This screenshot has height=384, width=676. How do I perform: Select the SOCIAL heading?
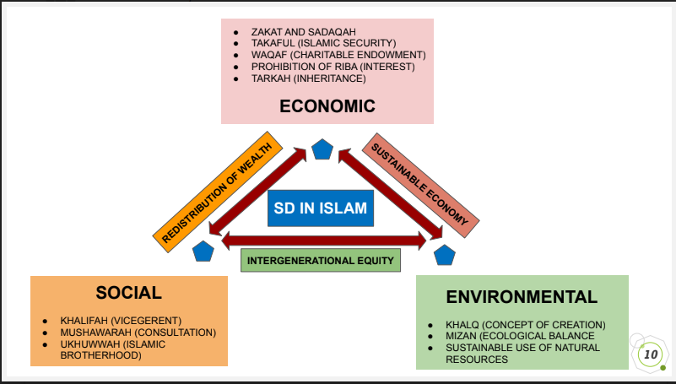click(x=128, y=293)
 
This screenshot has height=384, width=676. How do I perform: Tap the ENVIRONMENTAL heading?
click(x=522, y=296)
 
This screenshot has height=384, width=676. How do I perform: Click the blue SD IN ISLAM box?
click(x=320, y=208)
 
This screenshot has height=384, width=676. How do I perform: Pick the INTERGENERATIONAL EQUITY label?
click(x=321, y=261)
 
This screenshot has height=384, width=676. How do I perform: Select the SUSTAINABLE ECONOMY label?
click(x=420, y=187)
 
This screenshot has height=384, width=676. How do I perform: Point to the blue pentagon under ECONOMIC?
click(x=322, y=150)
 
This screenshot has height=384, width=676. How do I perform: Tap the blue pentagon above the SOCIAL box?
click(x=203, y=251)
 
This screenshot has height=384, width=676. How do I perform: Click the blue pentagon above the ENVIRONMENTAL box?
click(x=444, y=252)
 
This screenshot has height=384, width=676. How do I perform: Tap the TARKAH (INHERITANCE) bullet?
click(x=308, y=78)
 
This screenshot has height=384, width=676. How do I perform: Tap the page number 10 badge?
click(x=651, y=354)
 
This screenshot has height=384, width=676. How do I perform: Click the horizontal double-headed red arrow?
click(x=323, y=241)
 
